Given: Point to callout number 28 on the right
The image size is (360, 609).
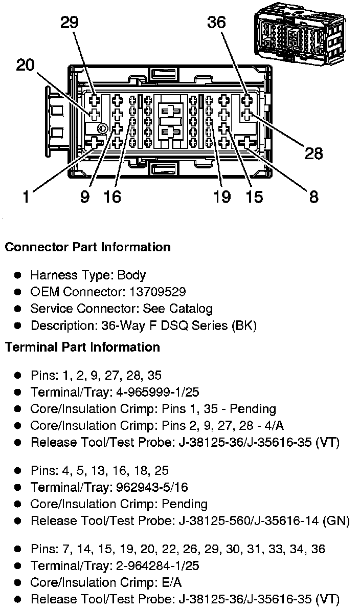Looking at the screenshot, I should pos(313,153).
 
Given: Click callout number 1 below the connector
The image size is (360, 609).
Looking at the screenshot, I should pos(26,196).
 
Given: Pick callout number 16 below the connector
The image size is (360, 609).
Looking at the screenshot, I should pos(112,196).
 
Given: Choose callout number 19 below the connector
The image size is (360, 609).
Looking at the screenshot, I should pos(222,196).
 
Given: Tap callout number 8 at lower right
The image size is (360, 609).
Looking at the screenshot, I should pos(313,196).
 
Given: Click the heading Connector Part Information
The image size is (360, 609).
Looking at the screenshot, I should pos(87,247).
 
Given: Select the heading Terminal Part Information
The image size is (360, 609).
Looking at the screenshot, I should pos(82,347).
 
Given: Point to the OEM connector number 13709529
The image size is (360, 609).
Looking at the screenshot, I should pos(157,292).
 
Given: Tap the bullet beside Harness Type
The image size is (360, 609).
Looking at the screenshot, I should pos(18,275).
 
